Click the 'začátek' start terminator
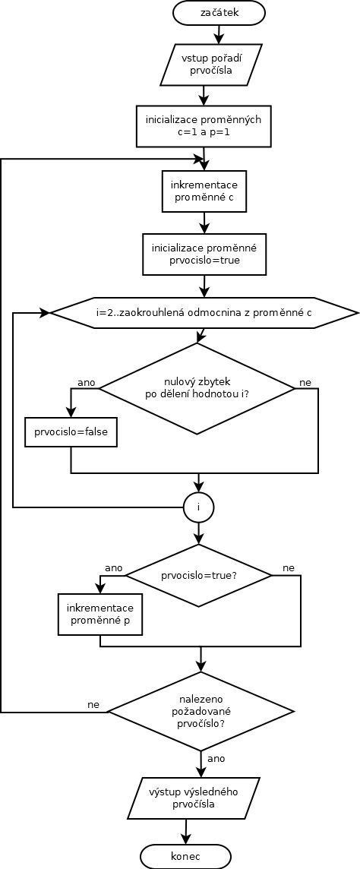pos(219,12)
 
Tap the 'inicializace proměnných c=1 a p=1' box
pos(204,126)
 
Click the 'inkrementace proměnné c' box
pos(204,191)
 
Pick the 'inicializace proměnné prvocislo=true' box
pos(204,254)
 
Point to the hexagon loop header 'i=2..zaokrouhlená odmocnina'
pos(204,313)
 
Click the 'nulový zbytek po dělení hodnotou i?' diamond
pos(197,388)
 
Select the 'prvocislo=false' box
pos(71,431)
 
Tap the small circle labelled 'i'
pos(198,507)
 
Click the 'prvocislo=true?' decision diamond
pos(199,575)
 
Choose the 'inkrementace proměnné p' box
pos(99,615)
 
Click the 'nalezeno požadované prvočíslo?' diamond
pos(201,712)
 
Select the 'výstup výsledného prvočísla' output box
pos(194,798)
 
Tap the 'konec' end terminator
pos(185,856)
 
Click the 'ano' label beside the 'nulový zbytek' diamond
pos(87,382)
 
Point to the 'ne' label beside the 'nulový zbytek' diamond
pos(305,382)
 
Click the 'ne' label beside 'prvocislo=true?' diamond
pos(289,568)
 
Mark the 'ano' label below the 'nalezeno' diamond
pos(216,758)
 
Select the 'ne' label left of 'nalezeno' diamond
pos(93,704)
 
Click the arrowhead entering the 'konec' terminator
pos(185,840)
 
